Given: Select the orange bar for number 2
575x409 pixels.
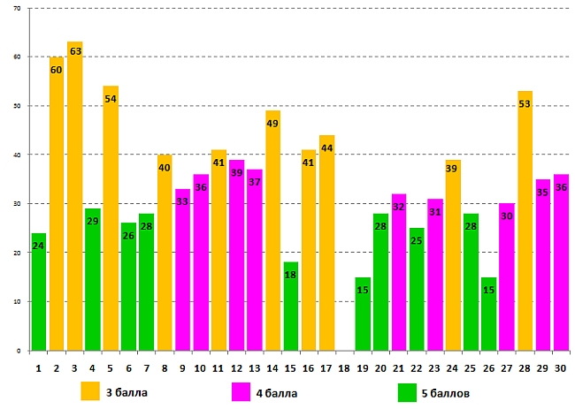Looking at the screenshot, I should click(x=57, y=203).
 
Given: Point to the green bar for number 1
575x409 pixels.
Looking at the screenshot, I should click(x=38, y=292).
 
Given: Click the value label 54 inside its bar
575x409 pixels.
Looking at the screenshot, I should click(x=111, y=98).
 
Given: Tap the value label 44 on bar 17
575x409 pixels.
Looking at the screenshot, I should click(x=327, y=148).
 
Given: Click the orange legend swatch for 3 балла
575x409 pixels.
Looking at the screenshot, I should click(x=89, y=390).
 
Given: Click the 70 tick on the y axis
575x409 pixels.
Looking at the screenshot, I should click(x=19, y=8).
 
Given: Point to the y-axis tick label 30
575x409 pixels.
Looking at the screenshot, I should click(x=19, y=204).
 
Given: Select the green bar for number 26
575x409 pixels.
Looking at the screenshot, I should click(x=489, y=314).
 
